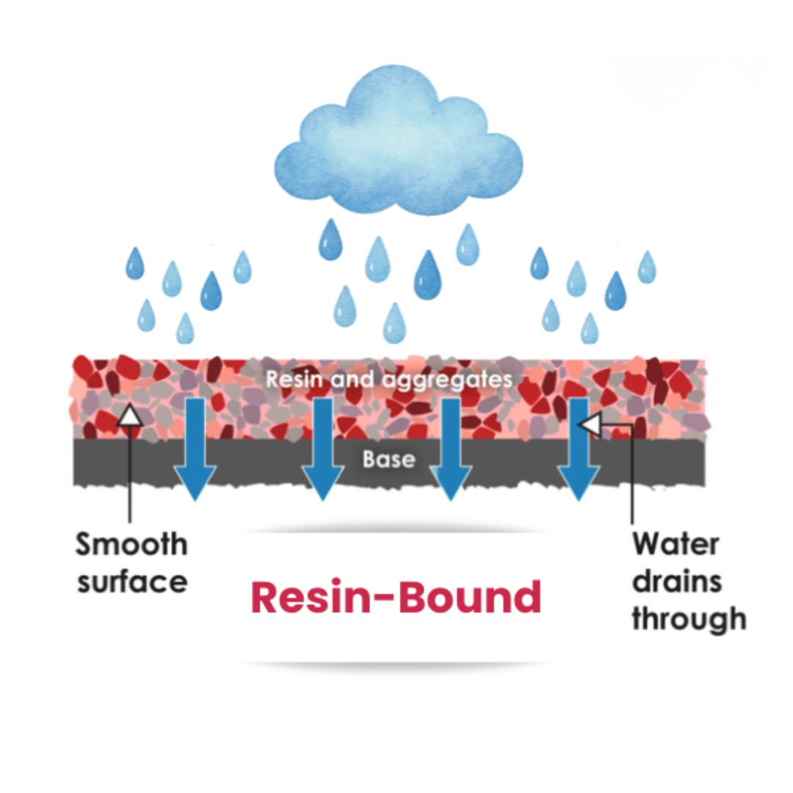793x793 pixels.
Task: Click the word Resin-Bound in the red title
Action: pyautogui.click(x=396, y=598)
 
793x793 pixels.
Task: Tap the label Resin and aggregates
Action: pyautogui.click(x=388, y=380)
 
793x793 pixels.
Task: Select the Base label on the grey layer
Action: pyautogui.click(x=388, y=460)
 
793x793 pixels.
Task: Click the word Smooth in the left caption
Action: pyautogui.click(x=132, y=544)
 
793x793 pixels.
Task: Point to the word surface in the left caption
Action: pyautogui.click(x=132, y=582)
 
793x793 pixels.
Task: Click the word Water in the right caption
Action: pyautogui.click(x=676, y=544)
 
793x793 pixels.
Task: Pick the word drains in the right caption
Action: pyautogui.click(x=677, y=582)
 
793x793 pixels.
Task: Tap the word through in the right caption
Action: pyautogui.click(x=689, y=619)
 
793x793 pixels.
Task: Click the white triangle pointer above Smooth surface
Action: pyautogui.click(x=130, y=416)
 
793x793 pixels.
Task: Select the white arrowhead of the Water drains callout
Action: pyautogui.click(x=591, y=424)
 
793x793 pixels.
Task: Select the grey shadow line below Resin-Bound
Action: pyautogui.click(x=397, y=664)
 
